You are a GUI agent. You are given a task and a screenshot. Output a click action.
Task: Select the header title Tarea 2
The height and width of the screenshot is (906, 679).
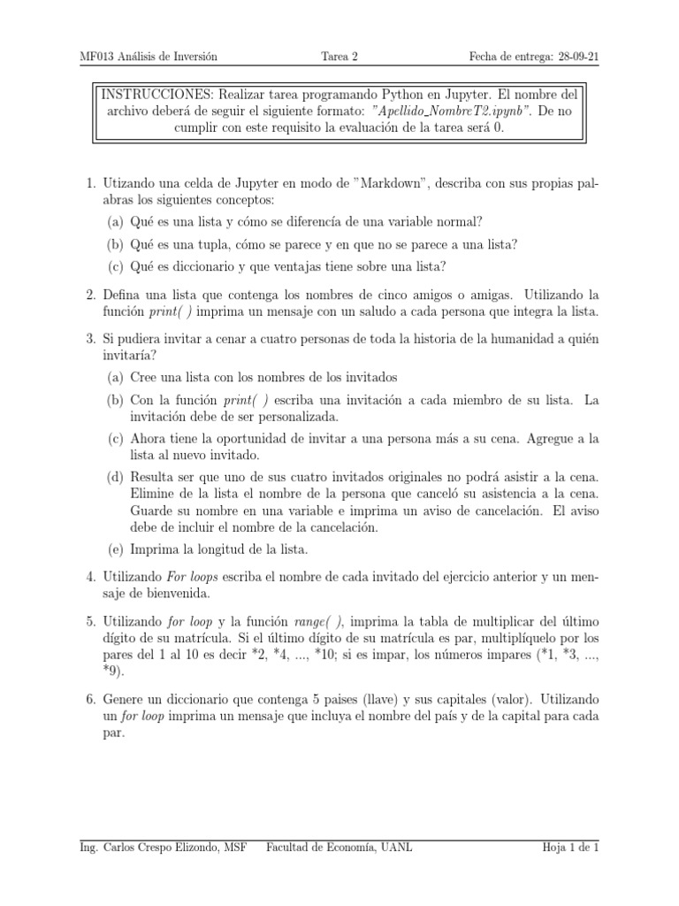339,58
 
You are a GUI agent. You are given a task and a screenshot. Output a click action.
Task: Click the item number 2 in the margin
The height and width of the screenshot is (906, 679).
90,294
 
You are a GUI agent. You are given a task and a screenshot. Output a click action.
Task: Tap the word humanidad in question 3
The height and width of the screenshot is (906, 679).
500,335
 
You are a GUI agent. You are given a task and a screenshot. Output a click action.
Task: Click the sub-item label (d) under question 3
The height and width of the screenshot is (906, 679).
116,478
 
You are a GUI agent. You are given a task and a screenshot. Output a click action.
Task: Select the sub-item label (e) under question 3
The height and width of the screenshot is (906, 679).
116,549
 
